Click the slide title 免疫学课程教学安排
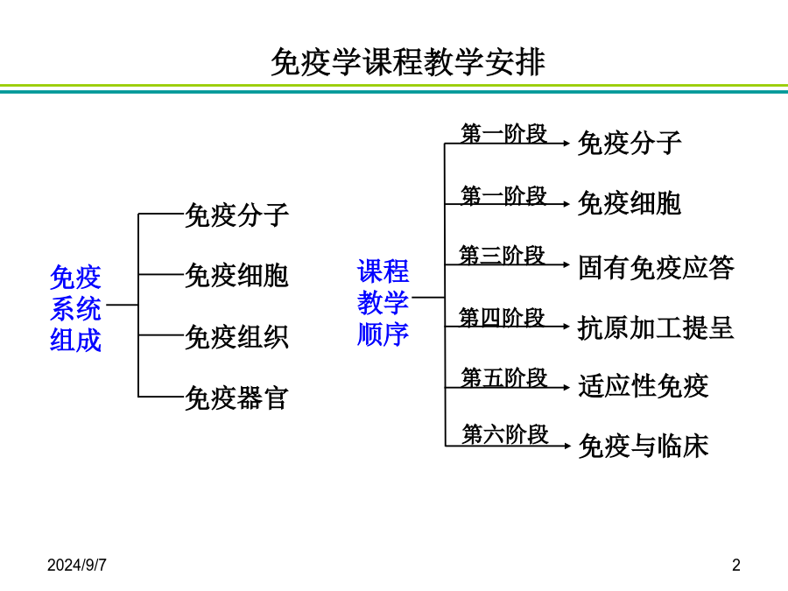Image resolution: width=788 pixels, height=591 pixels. (x=407, y=62)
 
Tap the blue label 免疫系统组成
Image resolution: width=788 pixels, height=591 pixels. (x=75, y=308)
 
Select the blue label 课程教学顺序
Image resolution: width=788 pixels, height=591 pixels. (x=383, y=303)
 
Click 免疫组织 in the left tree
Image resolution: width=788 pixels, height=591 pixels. (x=236, y=337)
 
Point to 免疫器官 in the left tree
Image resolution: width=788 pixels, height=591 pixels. (x=236, y=398)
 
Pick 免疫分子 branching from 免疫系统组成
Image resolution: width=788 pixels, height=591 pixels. (x=236, y=215)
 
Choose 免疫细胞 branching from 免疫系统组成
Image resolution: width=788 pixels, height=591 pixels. (x=236, y=276)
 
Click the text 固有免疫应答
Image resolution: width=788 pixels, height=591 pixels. (x=656, y=267)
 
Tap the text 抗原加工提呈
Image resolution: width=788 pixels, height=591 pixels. (x=656, y=327)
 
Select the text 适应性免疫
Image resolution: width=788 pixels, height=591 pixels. (x=644, y=386)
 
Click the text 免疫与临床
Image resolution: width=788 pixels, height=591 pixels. (x=644, y=446)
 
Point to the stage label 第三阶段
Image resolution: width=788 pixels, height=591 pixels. (x=502, y=256)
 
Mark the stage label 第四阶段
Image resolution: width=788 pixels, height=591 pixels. (x=502, y=318)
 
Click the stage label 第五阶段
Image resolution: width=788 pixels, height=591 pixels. (x=504, y=378)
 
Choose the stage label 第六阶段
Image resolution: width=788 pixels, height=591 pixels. (x=505, y=434)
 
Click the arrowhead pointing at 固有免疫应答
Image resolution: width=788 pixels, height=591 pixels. (x=566, y=264)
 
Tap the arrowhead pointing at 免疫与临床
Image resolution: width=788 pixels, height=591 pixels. (x=566, y=446)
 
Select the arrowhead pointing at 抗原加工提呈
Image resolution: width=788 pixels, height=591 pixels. (x=566, y=327)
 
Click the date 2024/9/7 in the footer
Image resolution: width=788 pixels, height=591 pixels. (x=77, y=566)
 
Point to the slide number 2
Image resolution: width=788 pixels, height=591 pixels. (x=736, y=566)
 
